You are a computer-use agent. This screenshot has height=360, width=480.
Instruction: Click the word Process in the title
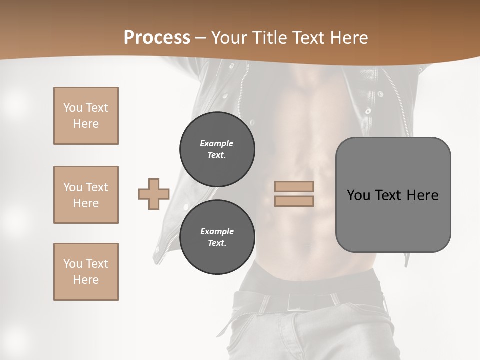coord(157,38)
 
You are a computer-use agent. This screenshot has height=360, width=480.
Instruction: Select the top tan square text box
coord(86,116)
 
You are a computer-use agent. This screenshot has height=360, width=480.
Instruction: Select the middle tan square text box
coord(86,195)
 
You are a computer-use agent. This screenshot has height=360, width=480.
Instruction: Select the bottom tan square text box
coord(86,272)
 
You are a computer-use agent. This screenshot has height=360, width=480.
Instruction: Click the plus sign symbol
coord(154,194)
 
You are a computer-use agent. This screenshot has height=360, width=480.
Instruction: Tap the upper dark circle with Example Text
coord(217,149)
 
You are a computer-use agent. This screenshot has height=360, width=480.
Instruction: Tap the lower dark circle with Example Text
coord(217,237)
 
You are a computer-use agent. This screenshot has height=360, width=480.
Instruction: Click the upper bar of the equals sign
coord(294,186)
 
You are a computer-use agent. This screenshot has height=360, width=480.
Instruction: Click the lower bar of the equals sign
coord(294,201)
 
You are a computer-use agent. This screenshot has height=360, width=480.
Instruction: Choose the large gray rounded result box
coord(393,220)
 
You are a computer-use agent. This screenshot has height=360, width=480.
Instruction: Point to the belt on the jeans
coord(305,300)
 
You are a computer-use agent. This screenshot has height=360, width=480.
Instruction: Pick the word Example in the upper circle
coord(217,143)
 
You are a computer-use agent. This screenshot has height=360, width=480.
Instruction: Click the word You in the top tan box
coord(72,108)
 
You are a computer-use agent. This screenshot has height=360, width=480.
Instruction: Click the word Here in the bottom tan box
coord(86,280)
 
